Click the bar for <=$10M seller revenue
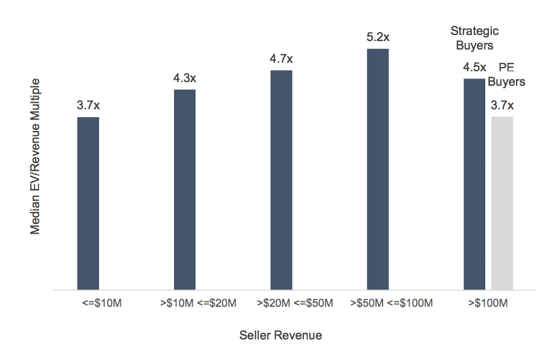[88, 204]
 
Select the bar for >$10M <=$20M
[184, 190]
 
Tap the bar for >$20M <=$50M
[281, 180]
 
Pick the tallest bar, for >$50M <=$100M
[378, 169]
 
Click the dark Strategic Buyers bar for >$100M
[474, 184]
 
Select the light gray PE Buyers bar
[502, 204]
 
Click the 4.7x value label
[281, 59]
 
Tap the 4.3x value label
[184, 79]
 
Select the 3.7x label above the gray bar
[502, 105]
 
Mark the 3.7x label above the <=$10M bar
[88, 106]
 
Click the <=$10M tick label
[102, 303]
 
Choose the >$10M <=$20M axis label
[198, 303]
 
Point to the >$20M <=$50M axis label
[295, 303]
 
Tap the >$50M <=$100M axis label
[392, 303]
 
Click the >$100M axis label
[488, 303]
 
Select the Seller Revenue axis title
[280, 335]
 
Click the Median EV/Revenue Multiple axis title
[36, 156]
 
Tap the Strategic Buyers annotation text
[474, 38]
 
